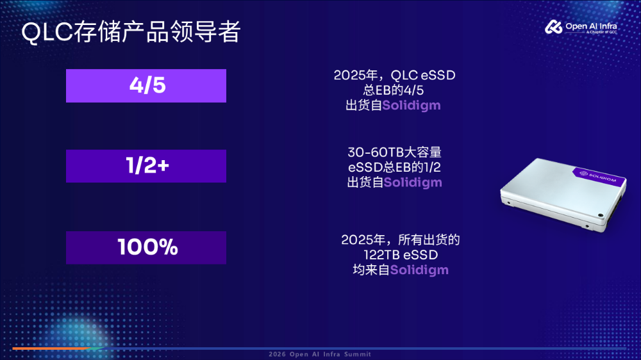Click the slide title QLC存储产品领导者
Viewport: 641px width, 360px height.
pyautogui.click(x=131, y=32)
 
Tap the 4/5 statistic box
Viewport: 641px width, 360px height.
pyautogui.click(x=146, y=86)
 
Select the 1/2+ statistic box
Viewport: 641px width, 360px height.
pyautogui.click(x=146, y=166)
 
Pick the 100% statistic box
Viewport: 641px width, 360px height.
pyautogui.click(x=146, y=248)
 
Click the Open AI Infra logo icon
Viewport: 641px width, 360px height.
pyautogui.click(x=554, y=27)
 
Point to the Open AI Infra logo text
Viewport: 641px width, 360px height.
pyautogui.click(x=591, y=28)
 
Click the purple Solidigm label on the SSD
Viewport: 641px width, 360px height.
pyautogui.click(x=599, y=177)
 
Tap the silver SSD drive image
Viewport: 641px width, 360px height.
pyautogui.click(x=563, y=194)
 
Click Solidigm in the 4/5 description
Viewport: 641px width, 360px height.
pyautogui.click(x=412, y=106)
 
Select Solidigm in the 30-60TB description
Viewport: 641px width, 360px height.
pyautogui.click(x=413, y=183)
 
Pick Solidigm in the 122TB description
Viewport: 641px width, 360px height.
pyautogui.click(x=419, y=270)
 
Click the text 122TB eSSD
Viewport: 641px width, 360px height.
pyautogui.click(x=401, y=254)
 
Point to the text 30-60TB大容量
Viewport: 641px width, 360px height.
pyautogui.click(x=394, y=152)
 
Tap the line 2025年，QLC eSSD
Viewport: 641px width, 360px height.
pyautogui.click(x=394, y=75)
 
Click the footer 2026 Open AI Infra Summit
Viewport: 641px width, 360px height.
pyautogui.click(x=320, y=354)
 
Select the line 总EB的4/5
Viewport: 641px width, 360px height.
pyautogui.click(x=394, y=90)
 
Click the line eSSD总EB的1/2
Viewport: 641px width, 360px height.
pyautogui.click(x=394, y=167)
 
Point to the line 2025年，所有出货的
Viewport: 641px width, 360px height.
pyautogui.click(x=401, y=240)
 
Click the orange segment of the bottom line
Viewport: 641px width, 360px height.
pyautogui.click(x=51, y=348)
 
